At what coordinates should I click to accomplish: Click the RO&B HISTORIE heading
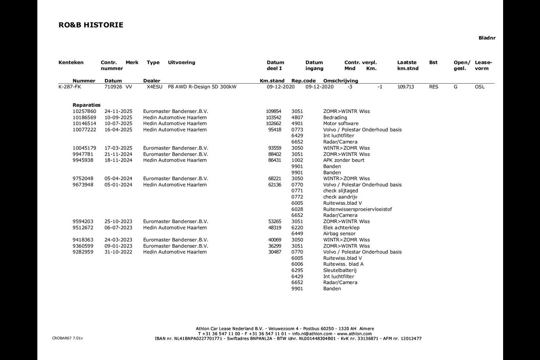pyautogui.click(x=90, y=25)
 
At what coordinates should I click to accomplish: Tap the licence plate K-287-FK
pyautogui.click(x=70, y=87)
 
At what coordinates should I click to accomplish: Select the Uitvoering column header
pyautogui.click(x=181, y=63)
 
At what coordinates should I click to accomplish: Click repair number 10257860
pyautogui.click(x=84, y=111)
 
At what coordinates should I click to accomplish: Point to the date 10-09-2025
pyautogui.click(x=118, y=117)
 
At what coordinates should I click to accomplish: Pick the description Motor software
pyautogui.click(x=341, y=123)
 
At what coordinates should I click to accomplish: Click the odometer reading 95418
pyautogui.click(x=274, y=130)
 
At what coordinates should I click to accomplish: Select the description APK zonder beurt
pyautogui.click(x=344, y=160)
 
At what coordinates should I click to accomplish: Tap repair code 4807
pyautogui.click(x=297, y=117)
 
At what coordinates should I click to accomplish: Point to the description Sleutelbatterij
pyautogui.click(x=340, y=270)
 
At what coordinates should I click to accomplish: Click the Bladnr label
pyautogui.click(x=487, y=38)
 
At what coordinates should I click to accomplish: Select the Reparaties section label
pyautogui.click(x=86, y=105)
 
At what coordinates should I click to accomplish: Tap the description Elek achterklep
pyautogui.click(x=341, y=228)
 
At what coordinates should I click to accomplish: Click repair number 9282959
pyautogui.click(x=83, y=252)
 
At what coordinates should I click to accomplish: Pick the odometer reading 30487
pyautogui.click(x=274, y=252)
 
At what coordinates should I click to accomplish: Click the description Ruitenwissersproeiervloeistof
pyautogui.click(x=357, y=209)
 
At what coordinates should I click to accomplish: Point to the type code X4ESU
pyautogui.click(x=154, y=87)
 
